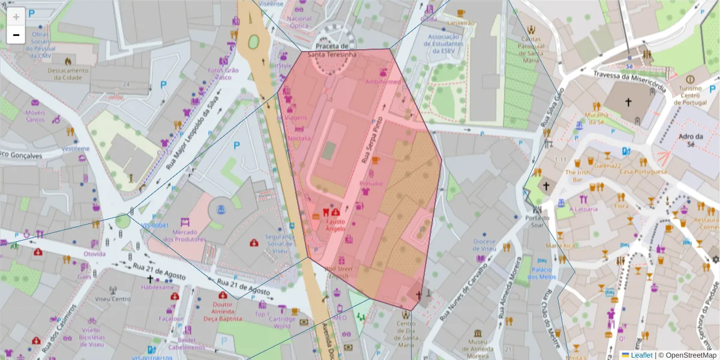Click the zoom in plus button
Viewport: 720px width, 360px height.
click(16, 16)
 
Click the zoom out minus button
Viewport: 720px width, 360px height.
click(16, 35)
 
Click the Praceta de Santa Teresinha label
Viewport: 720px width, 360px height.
click(332, 50)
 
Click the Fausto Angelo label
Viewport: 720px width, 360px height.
click(335, 225)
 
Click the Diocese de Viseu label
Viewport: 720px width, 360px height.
click(485, 245)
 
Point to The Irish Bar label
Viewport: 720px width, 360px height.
click(578, 175)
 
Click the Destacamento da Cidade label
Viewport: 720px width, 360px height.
click(68, 73)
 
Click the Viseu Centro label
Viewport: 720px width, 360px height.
click(113, 299)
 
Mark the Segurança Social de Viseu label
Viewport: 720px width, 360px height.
click(280, 244)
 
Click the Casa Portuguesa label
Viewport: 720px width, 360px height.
click(643, 172)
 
